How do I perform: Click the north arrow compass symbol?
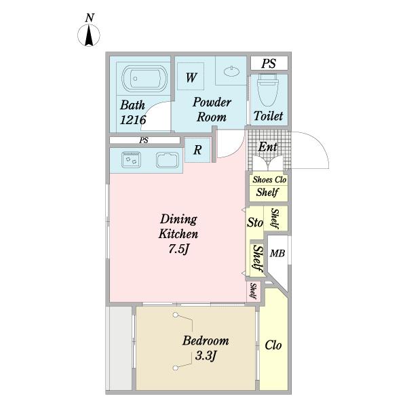coord(89,35)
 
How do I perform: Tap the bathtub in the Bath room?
coord(144,79)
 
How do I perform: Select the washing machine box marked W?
coord(191,76)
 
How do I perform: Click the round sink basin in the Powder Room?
coord(231,71)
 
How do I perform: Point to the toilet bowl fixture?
coord(268,90)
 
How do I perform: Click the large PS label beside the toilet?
coord(269,63)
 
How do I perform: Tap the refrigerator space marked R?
coord(197,150)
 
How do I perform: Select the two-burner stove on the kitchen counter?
coord(131,159)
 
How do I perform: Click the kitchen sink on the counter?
coord(168,160)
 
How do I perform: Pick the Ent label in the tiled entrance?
coord(268,147)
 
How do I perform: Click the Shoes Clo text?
coord(269,180)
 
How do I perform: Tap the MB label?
coord(277,253)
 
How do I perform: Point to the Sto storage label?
coord(255,222)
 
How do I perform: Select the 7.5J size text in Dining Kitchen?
coord(178,249)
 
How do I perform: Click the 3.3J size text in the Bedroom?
coord(205,356)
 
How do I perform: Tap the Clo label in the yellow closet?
coord(273,345)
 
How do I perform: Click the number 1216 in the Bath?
coord(133,119)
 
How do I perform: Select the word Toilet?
coord(268,116)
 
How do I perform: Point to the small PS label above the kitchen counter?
coord(144,140)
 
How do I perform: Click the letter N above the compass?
coord(90,18)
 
